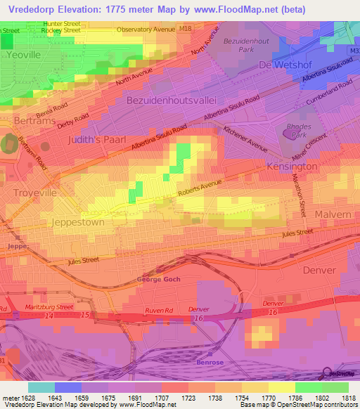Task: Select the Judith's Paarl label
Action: click(x=97, y=140)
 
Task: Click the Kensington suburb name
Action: click(x=292, y=167)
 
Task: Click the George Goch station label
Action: click(x=159, y=280)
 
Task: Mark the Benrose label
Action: click(x=209, y=362)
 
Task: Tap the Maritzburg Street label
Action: click(x=50, y=307)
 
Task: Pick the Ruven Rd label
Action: click(x=159, y=310)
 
